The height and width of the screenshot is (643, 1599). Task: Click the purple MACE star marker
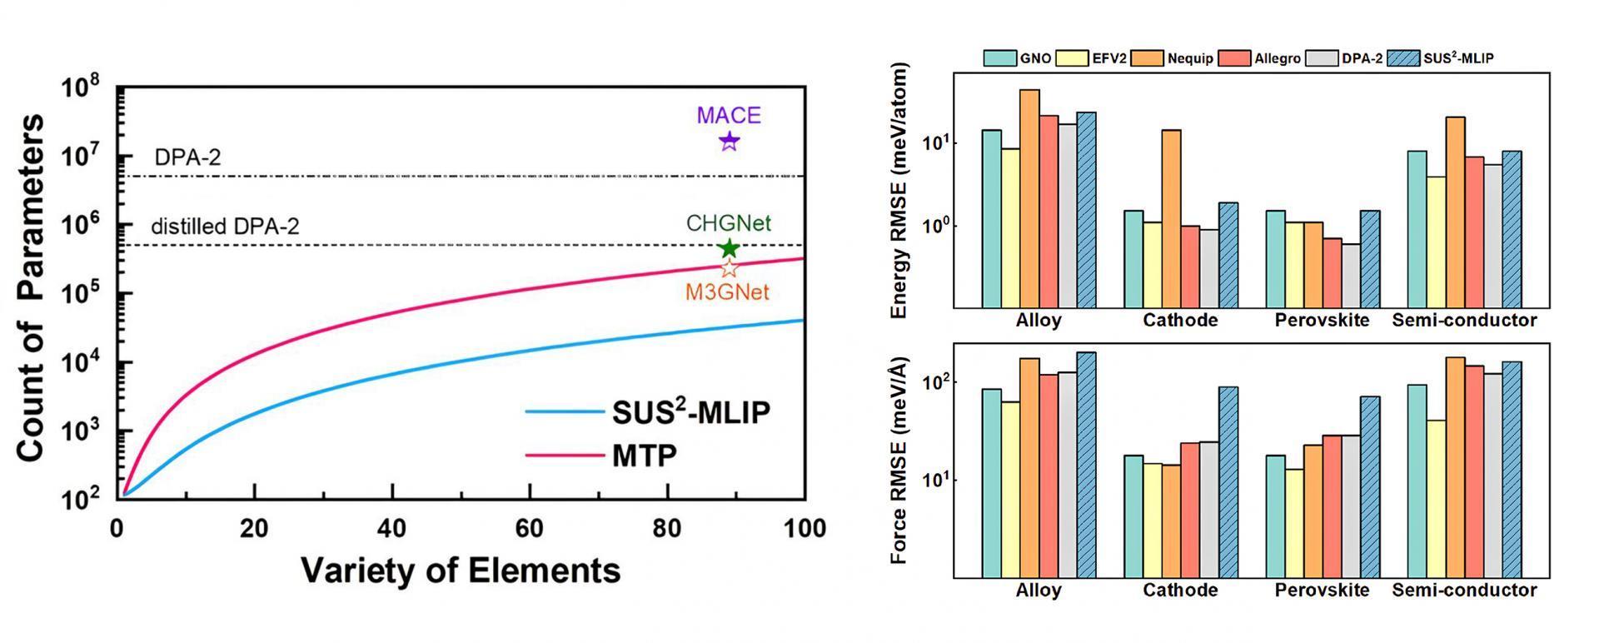[729, 142]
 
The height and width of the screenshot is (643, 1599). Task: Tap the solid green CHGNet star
[729, 248]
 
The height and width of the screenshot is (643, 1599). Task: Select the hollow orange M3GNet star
[729, 268]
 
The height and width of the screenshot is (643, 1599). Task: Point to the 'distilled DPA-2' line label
[225, 227]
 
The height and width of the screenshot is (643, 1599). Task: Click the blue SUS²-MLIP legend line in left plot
[565, 411]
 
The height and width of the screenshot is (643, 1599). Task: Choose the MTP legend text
[645, 456]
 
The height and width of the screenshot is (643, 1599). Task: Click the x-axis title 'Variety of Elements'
[461, 571]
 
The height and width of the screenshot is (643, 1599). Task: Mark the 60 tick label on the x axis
[530, 528]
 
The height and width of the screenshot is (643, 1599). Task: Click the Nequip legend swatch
[1147, 58]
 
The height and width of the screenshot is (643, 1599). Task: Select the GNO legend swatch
[999, 58]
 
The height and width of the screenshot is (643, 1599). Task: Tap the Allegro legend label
[1278, 58]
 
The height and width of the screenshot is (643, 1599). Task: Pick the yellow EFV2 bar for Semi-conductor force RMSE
[1435, 498]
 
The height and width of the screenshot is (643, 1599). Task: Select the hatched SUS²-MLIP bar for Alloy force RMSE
[1086, 464]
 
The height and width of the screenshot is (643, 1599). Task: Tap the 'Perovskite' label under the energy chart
[1322, 321]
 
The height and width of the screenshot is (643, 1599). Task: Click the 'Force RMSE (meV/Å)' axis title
[899, 461]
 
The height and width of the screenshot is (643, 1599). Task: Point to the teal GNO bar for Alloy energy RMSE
[992, 218]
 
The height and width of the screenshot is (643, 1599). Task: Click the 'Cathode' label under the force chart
[1180, 591]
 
